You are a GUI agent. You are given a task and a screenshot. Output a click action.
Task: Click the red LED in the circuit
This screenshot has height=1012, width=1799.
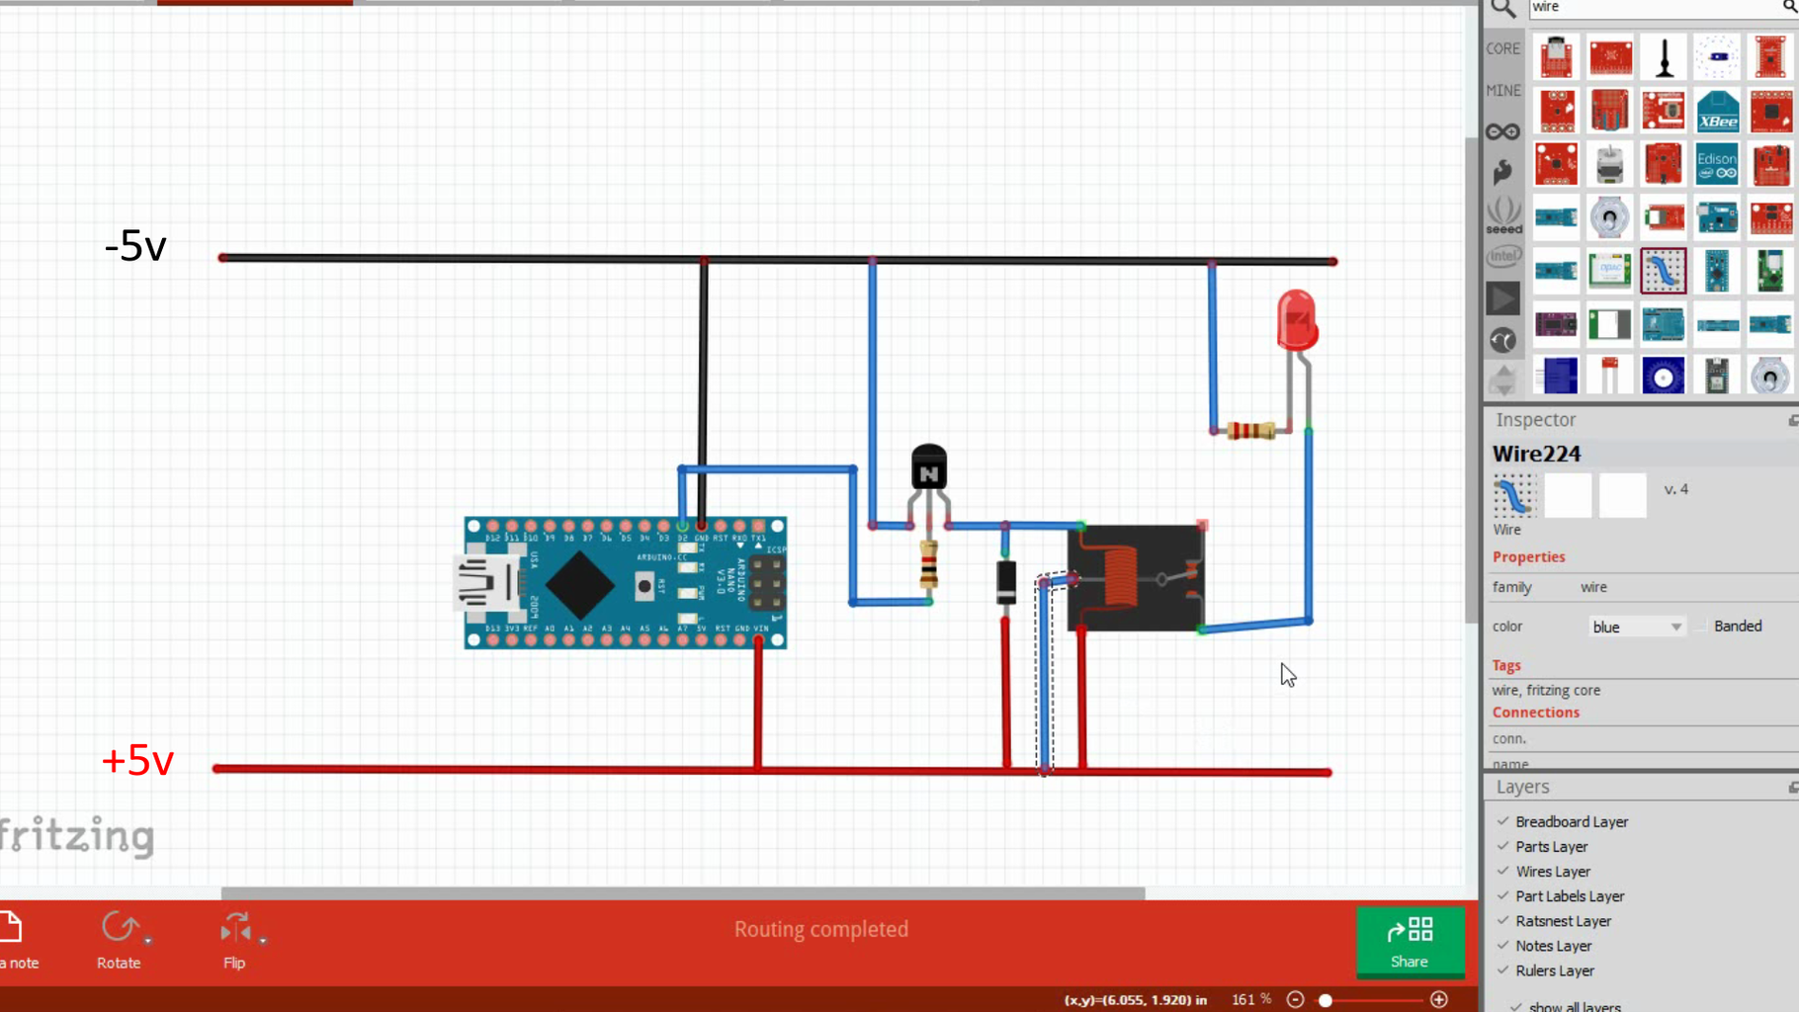click(1296, 319)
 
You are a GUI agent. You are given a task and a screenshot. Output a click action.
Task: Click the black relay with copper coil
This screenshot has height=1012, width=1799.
click(1135, 578)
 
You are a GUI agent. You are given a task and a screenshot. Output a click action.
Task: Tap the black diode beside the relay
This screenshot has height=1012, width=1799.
click(1005, 582)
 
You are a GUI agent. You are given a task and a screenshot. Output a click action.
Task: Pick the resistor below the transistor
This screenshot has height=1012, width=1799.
click(928, 566)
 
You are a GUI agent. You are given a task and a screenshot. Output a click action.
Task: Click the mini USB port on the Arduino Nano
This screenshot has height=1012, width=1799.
click(486, 583)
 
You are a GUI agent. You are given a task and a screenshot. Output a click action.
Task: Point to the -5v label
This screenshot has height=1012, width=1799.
click(135, 246)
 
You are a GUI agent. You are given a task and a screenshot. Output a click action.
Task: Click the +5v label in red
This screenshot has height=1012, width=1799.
click(137, 761)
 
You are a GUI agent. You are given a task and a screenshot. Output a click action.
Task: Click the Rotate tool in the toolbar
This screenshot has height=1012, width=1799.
click(119, 939)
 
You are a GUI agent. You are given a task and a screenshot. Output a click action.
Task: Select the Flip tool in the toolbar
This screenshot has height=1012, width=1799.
click(234, 939)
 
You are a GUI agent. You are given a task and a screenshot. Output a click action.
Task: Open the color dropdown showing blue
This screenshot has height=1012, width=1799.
click(1635, 627)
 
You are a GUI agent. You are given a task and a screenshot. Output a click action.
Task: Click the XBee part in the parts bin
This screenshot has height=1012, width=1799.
click(1717, 111)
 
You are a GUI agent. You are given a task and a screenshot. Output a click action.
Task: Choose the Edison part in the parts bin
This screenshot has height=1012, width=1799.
click(1717, 164)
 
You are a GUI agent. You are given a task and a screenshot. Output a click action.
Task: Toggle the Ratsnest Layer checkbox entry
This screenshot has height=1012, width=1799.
click(1562, 921)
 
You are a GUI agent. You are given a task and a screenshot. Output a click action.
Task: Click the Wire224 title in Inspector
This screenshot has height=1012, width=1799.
click(1536, 454)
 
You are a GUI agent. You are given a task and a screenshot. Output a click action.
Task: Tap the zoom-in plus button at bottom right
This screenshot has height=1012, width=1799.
click(1439, 1000)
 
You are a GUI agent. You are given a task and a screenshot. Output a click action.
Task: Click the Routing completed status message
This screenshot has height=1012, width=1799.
click(820, 929)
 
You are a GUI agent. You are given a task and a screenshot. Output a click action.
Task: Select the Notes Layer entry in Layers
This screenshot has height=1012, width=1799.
click(1552, 946)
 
